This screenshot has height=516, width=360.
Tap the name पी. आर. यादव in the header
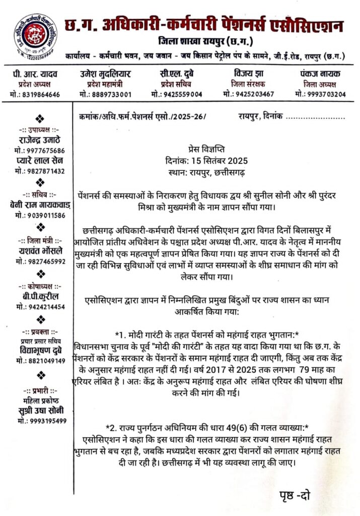(x=36, y=74)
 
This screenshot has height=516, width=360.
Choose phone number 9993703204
(x=325, y=94)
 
